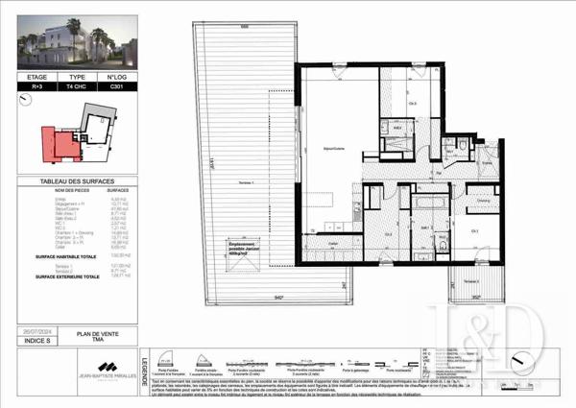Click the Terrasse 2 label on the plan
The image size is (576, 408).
coord(469,280)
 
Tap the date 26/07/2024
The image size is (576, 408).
coord(37,332)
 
